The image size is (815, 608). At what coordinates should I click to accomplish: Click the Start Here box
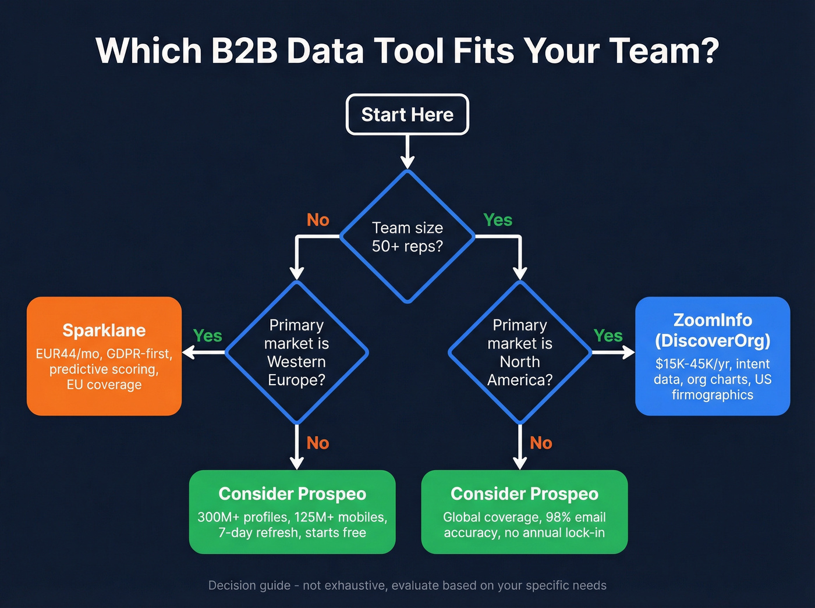407,115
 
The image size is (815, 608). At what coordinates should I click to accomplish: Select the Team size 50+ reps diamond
407,237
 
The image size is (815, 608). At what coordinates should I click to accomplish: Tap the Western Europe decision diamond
296,353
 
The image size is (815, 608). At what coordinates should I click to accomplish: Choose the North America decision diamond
520,353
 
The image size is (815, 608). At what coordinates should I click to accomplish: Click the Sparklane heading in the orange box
104,330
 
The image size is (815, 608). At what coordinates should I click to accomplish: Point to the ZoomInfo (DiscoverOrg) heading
713,330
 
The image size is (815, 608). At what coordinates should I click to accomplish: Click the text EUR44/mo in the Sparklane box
68,354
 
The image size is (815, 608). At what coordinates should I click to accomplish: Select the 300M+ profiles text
242,517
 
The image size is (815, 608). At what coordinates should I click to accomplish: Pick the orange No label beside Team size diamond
318,220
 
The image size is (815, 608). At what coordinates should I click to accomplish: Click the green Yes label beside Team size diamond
498,220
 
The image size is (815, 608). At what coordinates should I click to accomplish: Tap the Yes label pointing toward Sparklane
207,336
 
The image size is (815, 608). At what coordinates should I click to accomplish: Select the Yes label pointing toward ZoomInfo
608,336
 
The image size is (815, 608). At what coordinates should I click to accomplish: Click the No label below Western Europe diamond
318,443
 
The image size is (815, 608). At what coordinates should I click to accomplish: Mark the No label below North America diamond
541,443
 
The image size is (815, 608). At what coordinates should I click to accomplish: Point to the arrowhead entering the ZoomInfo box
629,353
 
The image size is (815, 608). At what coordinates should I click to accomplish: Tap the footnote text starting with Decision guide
407,585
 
